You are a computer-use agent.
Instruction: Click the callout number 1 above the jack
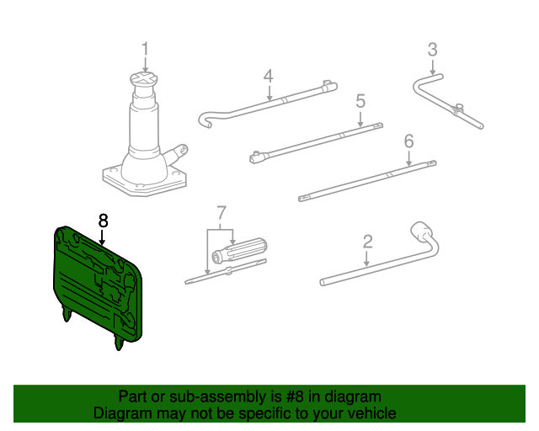pos(144,50)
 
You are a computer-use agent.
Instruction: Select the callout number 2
pos(367,242)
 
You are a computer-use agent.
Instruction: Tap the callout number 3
pos(432,50)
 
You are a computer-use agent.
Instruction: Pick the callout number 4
pos(268,77)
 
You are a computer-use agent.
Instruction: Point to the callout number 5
pos(360,101)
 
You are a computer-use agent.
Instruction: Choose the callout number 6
pos(408,141)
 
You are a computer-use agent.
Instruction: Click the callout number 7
pos(221,210)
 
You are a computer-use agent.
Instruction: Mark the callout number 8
pos(103,221)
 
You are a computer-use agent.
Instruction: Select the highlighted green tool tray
pos(97,282)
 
